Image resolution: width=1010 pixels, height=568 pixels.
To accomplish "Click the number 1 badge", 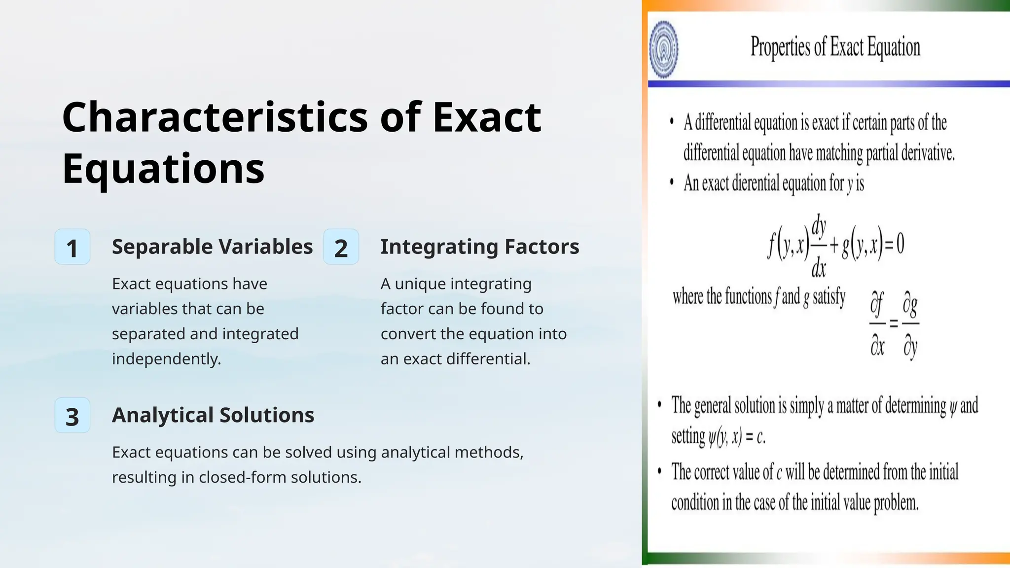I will [x=72, y=247].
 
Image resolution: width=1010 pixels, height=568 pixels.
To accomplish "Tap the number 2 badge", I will [x=341, y=247].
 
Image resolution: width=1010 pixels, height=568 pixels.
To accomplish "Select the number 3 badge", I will [x=72, y=416].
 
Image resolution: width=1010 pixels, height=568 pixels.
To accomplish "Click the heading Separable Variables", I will [x=212, y=247].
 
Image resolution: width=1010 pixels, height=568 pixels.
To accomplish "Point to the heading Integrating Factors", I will [x=479, y=247].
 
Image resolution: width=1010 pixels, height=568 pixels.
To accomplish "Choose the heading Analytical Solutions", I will [x=213, y=415].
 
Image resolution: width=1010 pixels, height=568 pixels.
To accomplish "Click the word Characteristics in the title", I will [x=215, y=117].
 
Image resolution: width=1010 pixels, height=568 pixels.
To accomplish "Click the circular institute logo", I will [x=663, y=49].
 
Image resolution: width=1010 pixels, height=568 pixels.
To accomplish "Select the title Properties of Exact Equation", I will [x=835, y=47].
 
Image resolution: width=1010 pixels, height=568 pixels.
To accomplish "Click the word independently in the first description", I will [x=166, y=359].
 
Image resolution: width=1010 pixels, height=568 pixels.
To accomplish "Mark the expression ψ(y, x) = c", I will [x=737, y=437].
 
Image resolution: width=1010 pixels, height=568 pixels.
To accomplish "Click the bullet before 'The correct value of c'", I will [x=660, y=471].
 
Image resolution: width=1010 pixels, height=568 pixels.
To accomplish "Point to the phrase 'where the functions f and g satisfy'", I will [x=758, y=297].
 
